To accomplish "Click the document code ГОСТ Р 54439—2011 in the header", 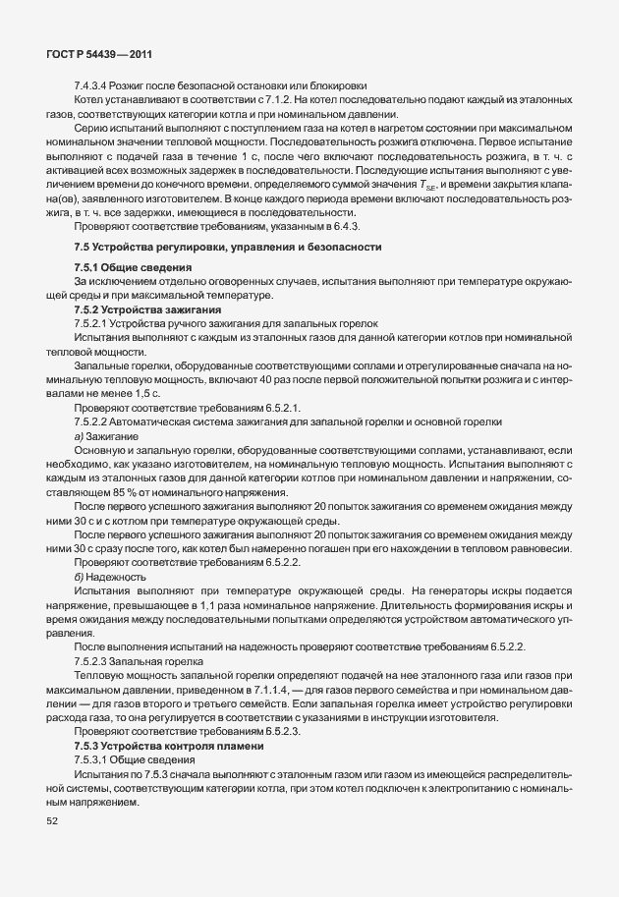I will pos(97,56).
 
